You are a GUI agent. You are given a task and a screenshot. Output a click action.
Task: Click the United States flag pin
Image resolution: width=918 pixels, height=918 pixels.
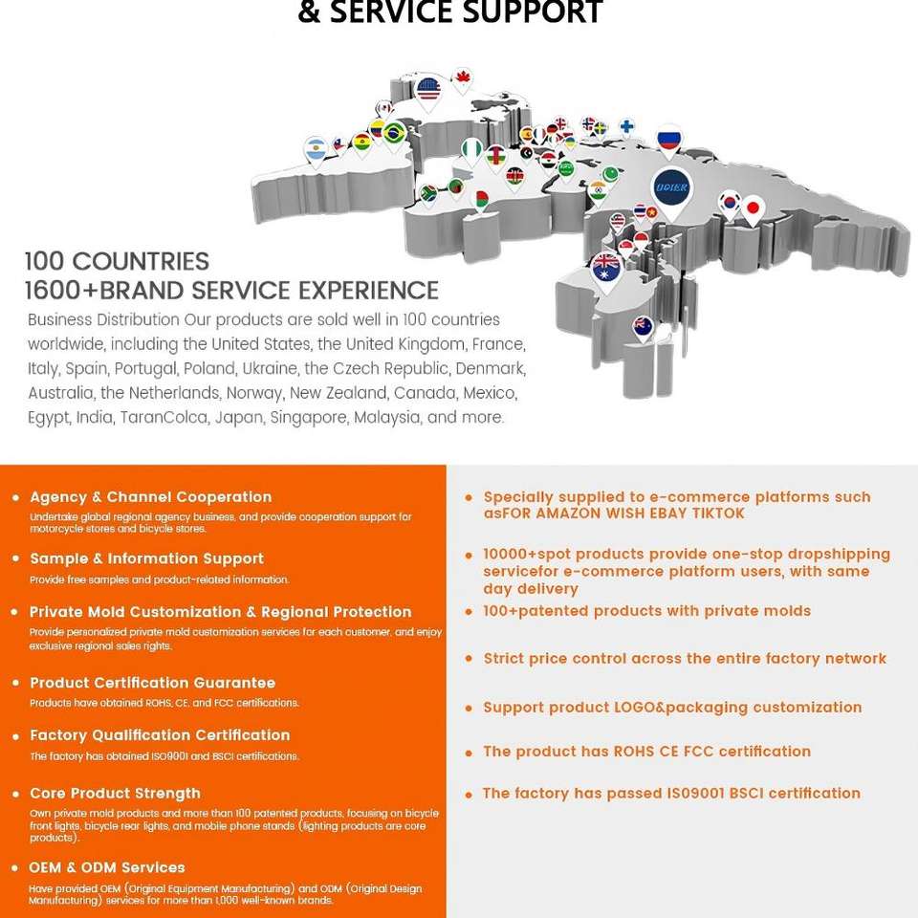point(428,91)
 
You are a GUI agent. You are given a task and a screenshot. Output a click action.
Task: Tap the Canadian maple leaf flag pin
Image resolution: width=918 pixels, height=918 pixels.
point(463,77)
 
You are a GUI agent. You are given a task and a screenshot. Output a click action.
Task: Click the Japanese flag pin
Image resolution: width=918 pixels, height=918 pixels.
point(754,208)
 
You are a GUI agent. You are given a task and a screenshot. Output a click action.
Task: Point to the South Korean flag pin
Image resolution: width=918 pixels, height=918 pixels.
point(731,202)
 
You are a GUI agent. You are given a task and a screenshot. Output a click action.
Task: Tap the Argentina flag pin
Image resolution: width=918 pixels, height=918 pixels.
point(316,150)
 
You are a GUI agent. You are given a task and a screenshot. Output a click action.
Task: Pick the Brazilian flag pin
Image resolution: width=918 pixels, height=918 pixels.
point(393,133)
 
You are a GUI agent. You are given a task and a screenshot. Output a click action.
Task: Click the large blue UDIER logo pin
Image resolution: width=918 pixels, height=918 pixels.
point(670,185)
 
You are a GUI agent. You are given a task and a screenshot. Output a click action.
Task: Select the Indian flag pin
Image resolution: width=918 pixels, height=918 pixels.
point(598,189)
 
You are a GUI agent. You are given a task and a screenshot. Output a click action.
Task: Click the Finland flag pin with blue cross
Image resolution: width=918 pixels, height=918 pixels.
point(626,126)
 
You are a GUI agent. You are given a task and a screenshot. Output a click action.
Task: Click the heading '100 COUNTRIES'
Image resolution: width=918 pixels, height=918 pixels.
point(117,261)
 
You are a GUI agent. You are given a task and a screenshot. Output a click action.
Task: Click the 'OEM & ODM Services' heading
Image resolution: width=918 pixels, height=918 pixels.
point(107,867)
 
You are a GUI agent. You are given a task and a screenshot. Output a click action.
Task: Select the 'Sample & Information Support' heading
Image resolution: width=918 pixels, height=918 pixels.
point(146,558)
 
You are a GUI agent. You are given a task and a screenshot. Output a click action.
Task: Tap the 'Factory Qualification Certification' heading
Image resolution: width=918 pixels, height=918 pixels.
point(160,735)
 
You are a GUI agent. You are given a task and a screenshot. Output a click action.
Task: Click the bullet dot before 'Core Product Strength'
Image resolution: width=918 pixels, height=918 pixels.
point(16,795)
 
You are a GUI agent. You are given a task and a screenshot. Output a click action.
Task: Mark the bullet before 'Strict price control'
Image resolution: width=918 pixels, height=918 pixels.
point(469,660)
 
